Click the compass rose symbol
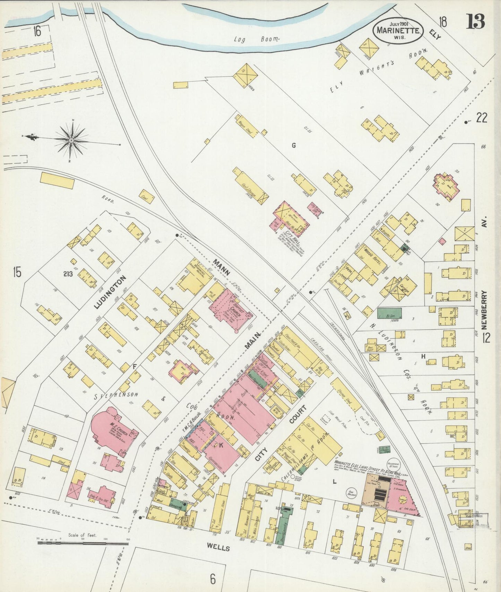coord(71,140)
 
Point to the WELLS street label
coord(218,548)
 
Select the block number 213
coord(68,274)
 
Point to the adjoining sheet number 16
coord(37,31)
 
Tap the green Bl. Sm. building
coord(389,313)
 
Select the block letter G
coord(293,145)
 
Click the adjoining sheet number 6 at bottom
coord(212,578)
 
